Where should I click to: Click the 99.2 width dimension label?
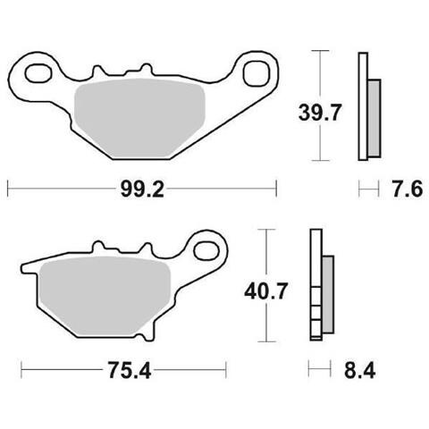(142, 189)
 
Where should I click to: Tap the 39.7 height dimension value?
(319, 114)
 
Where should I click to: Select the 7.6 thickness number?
(408, 189)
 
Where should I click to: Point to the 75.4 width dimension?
(130, 370)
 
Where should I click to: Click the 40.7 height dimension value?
(265, 291)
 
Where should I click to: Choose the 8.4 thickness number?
(359, 370)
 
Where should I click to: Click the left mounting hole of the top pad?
(38, 73)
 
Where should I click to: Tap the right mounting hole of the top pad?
(256, 73)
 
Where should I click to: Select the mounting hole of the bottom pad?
(206, 250)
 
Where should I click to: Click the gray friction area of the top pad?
(140, 118)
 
